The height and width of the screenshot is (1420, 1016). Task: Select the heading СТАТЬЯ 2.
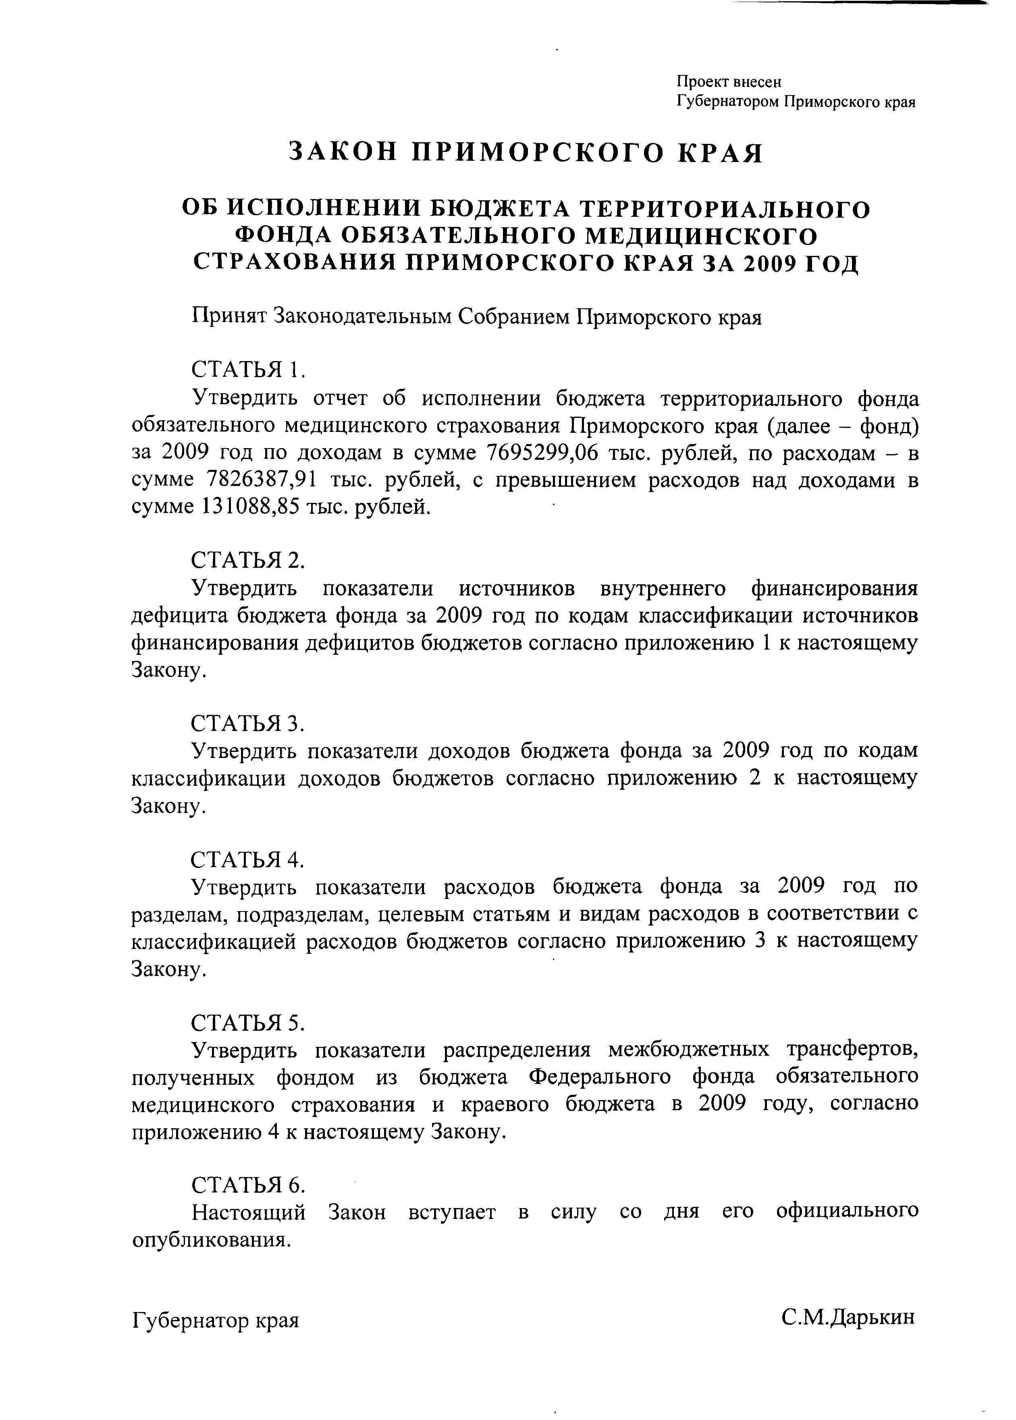click(248, 560)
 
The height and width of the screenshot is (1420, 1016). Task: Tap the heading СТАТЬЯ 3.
click(248, 723)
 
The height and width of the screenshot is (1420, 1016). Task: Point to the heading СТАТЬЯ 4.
click(248, 859)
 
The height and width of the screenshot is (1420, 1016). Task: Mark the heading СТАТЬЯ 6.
click(248, 1185)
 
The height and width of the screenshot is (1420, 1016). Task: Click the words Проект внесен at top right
click(729, 81)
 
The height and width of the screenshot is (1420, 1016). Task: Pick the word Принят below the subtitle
click(229, 317)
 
